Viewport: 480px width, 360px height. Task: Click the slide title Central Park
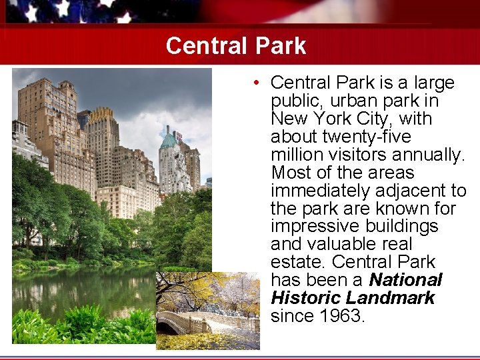tap(235, 46)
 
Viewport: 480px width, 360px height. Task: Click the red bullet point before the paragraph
tap(256, 83)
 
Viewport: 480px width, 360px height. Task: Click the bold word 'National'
tap(405, 280)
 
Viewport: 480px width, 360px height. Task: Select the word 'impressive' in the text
tap(313, 227)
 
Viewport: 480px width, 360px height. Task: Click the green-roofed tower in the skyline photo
tap(168, 141)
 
